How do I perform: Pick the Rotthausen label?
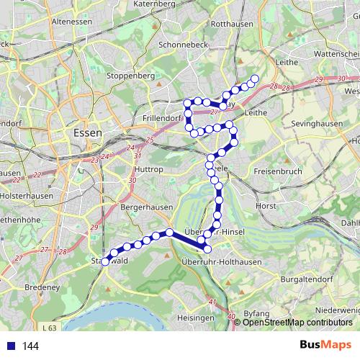tap(230, 24)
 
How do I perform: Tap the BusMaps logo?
tap(325, 345)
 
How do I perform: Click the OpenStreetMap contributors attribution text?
tap(297, 322)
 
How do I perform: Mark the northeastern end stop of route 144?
tap(254, 78)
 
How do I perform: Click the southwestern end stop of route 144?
tap(105, 262)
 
